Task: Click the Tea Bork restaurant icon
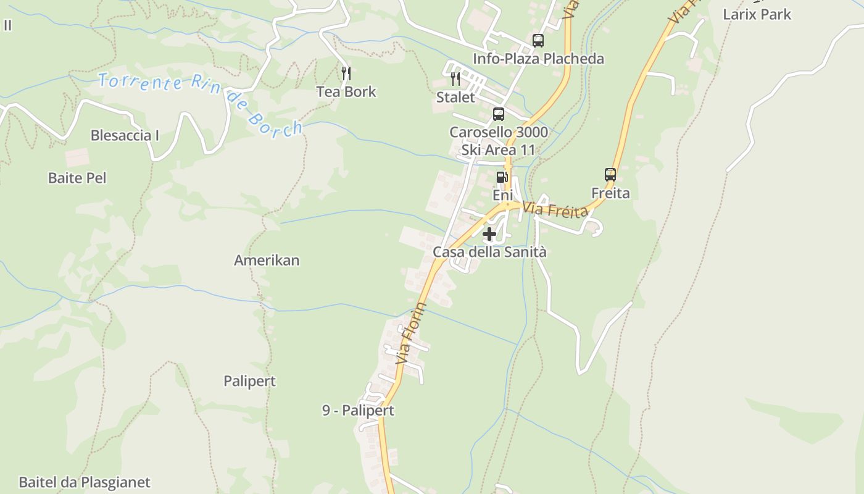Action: click(x=346, y=73)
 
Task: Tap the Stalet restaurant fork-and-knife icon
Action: click(x=455, y=79)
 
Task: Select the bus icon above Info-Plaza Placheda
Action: click(x=538, y=41)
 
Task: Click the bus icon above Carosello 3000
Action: click(x=499, y=114)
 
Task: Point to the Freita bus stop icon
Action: click(x=610, y=175)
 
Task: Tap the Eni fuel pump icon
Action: click(x=502, y=177)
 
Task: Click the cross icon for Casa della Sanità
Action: click(x=489, y=234)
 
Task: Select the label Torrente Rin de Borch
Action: click(x=201, y=103)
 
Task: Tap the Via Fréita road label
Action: click(x=555, y=210)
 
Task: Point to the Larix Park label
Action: click(x=757, y=14)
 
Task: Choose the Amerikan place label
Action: click(x=267, y=261)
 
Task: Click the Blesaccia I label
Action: click(x=125, y=135)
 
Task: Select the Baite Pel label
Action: click(x=77, y=178)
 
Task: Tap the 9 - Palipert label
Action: click(x=358, y=411)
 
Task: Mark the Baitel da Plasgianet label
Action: click(x=85, y=482)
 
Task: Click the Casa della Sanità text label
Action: click(x=489, y=252)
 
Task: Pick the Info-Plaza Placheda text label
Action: click(x=538, y=59)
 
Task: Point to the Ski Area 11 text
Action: click(x=499, y=150)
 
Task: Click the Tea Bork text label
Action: click(x=346, y=92)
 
